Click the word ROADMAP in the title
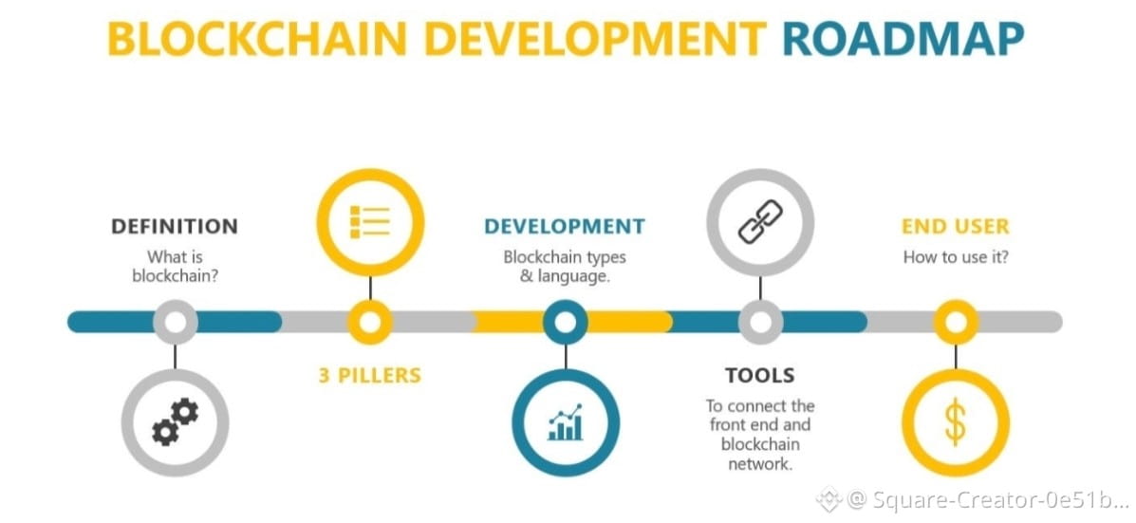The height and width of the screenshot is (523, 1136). pos(903,38)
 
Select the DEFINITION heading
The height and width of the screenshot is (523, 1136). pos(175,227)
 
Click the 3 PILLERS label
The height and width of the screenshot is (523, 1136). pos(369,376)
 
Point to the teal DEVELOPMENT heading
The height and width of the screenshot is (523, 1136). pos(564,227)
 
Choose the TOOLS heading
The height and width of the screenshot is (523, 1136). pos(760,375)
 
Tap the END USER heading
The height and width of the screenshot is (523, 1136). pos(955,227)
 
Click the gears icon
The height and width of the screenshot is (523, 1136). pos(176,421)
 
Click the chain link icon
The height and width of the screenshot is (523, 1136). pos(760,221)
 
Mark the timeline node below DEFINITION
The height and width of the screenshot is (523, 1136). pos(176,322)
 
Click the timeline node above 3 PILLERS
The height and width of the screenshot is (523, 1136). pos(370,322)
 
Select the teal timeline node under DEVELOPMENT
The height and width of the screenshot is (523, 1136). pos(566,322)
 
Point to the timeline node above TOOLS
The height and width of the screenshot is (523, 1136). pos(760,322)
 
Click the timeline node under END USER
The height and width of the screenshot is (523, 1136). pos(955,322)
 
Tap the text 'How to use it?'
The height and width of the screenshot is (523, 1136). pos(955,257)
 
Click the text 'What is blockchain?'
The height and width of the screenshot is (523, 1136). pos(175,266)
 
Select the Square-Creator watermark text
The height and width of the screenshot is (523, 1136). pos(987,498)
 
